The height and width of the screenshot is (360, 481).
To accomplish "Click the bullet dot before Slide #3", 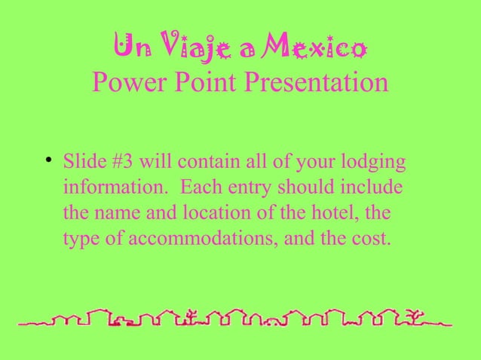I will coord(47,160).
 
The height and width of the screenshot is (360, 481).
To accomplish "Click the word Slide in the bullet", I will coord(81,163).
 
